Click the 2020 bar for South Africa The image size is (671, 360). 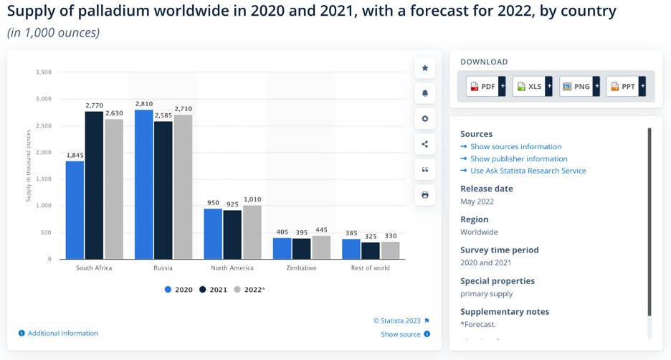(75, 209)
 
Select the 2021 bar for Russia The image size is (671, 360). (163, 190)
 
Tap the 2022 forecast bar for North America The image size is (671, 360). (252, 232)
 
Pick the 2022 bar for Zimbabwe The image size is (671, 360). (320, 247)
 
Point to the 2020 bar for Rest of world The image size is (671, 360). (351, 249)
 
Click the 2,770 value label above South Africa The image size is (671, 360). (94, 105)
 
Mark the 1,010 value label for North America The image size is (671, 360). (252, 199)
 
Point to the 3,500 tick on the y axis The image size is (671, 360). (42, 72)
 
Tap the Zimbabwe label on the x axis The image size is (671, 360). (302, 268)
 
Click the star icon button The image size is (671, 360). (425, 68)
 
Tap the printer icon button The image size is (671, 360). (425, 195)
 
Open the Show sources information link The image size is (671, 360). (515, 147)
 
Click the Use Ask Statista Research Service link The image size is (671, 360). (528, 171)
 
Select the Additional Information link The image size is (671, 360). (62, 333)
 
